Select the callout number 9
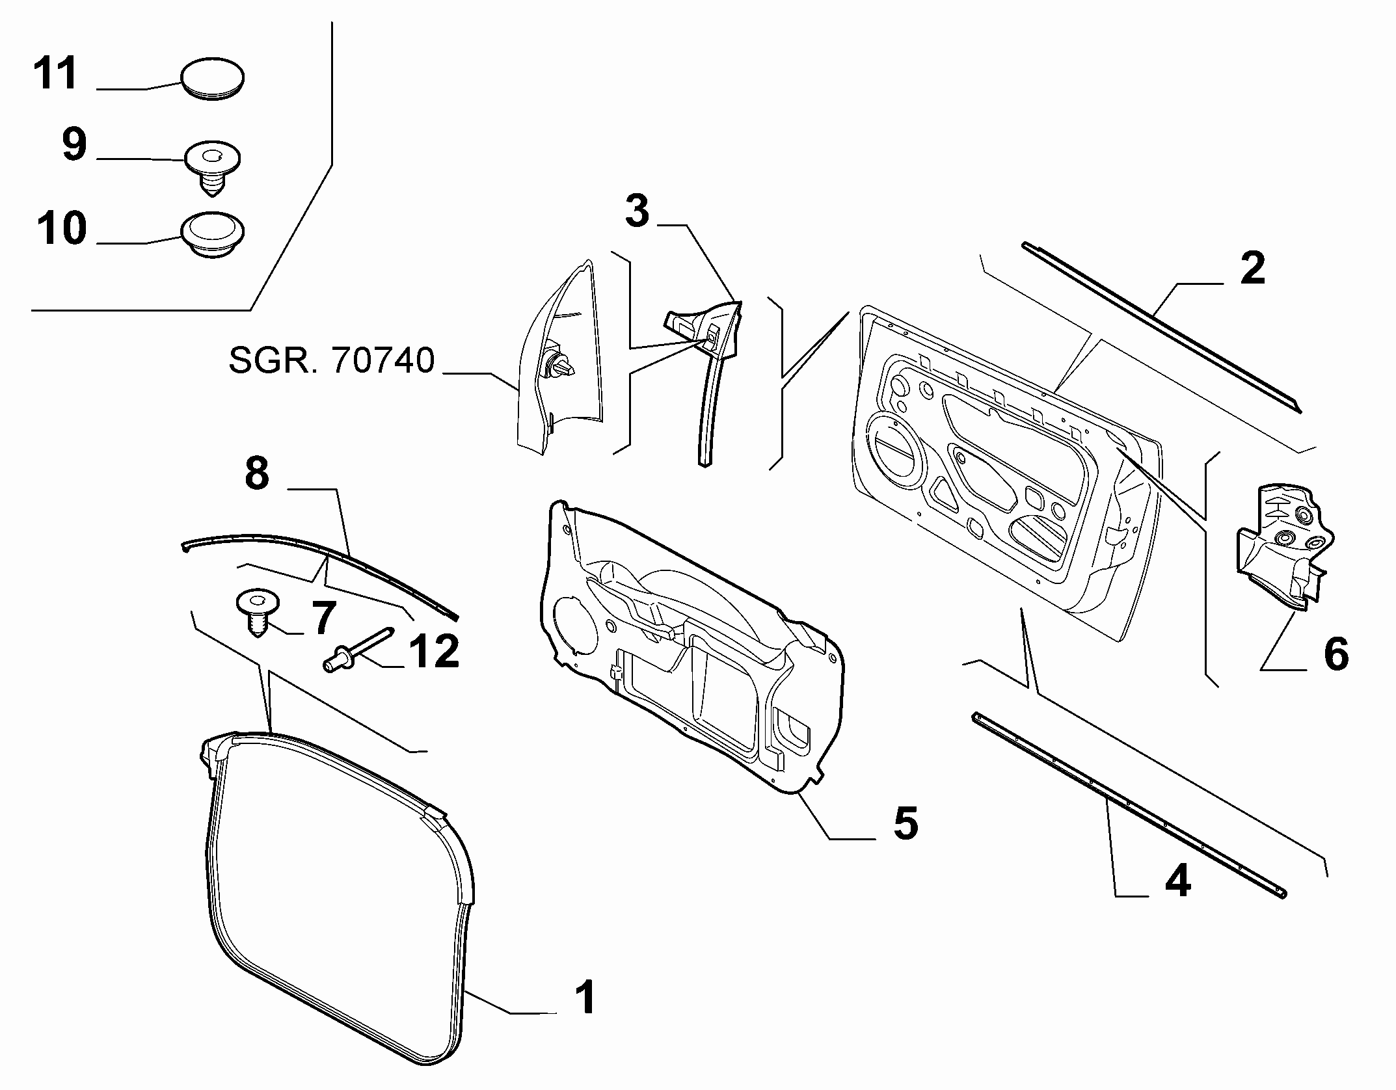click(x=75, y=144)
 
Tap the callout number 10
click(x=62, y=228)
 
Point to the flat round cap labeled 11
click(x=211, y=79)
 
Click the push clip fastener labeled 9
click(x=212, y=167)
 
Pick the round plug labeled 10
click(x=212, y=234)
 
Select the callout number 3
click(x=637, y=211)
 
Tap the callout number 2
click(x=1253, y=268)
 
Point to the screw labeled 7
click(x=258, y=613)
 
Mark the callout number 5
click(x=906, y=823)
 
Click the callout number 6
click(x=1336, y=653)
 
